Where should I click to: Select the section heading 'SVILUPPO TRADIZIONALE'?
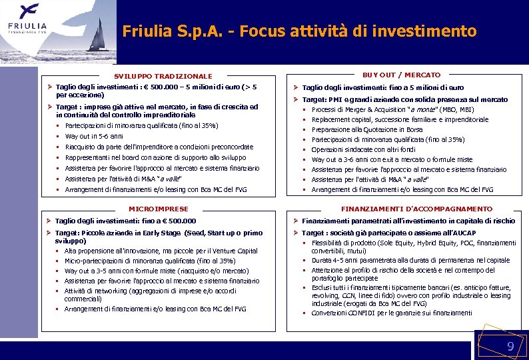[x=163, y=77]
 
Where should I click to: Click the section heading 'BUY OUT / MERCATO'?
[x=401, y=75]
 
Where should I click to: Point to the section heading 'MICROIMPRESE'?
[x=159, y=209]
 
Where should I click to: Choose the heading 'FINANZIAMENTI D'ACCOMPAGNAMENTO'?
[x=416, y=209]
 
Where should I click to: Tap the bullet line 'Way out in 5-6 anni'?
[x=94, y=137]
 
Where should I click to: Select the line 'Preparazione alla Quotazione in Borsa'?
[x=366, y=129]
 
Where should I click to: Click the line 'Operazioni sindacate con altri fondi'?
[x=363, y=149]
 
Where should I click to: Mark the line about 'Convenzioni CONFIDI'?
[x=382, y=313]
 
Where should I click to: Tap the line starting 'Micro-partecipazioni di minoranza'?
[x=150, y=261]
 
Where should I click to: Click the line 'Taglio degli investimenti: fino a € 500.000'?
[x=126, y=221]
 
